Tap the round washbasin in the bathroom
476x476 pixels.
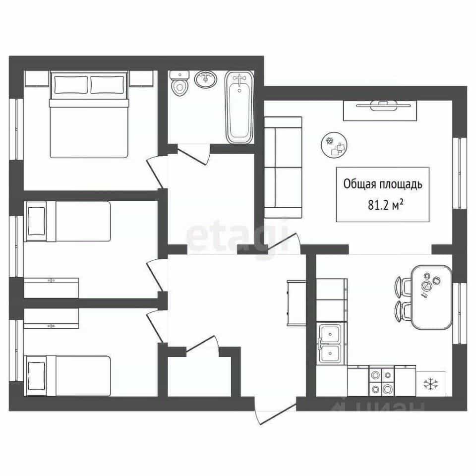click(x=206, y=79)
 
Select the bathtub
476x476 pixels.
click(x=239, y=107)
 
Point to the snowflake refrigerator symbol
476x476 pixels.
click(x=431, y=384)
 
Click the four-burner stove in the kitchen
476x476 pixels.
click(x=382, y=381)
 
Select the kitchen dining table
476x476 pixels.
click(x=431, y=297)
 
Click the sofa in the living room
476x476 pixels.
click(x=283, y=168)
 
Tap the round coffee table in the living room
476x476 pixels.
click(x=334, y=145)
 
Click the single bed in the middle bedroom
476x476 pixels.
click(x=67, y=221)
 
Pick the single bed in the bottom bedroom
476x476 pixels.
click(x=67, y=376)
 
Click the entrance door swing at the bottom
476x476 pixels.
click(x=275, y=414)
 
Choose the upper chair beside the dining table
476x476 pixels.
click(x=402, y=287)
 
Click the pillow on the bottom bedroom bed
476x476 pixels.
click(x=36, y=376)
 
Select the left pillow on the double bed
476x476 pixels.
click(x=71, y=85)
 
